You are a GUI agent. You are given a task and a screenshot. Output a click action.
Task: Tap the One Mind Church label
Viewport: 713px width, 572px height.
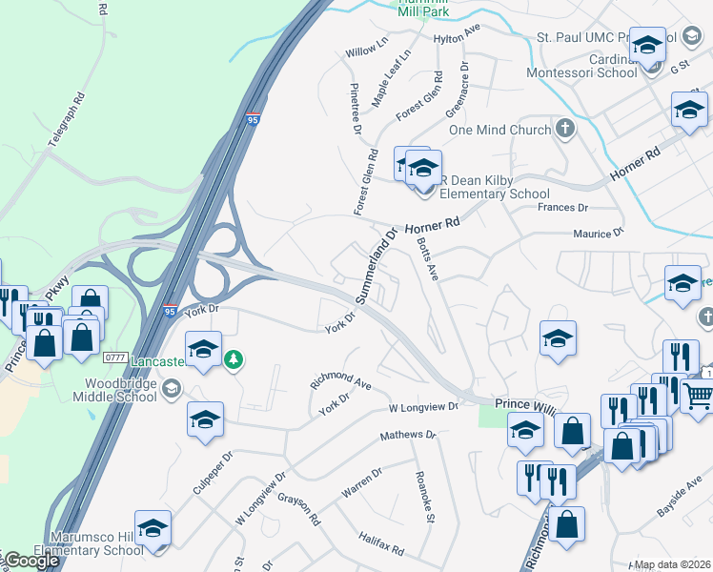(499, 130)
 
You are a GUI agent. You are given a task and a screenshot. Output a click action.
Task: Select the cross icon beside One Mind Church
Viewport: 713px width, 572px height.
(565, 129)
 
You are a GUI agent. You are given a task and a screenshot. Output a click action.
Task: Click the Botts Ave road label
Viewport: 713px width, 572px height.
(426, 258)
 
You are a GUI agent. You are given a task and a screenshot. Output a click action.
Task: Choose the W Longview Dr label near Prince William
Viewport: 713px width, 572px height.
(423, 407)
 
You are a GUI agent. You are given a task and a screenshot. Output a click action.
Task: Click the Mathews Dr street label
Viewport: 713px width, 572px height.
(408, 435)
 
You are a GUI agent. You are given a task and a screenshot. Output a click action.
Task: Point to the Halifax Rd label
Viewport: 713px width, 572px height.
(382, 545)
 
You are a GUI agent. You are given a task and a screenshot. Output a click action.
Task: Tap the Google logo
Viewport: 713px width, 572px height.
(31, 561)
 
